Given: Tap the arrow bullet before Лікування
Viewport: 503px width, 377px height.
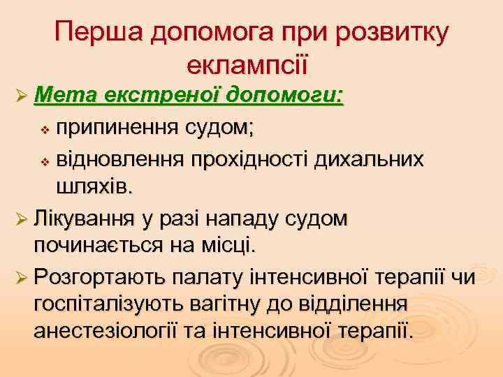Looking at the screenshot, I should tap(20, 220).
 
